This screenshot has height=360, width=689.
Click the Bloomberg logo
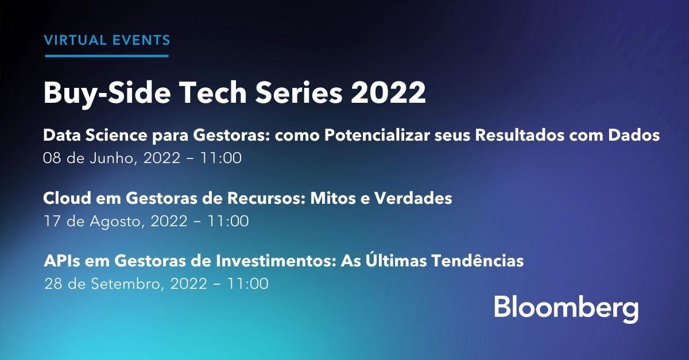(566, 309)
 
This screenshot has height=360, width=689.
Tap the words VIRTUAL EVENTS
(107, 40)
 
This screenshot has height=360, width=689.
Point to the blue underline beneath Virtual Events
(107, 56)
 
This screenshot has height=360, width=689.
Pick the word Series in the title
(292, 92)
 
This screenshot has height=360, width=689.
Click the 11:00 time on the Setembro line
(248, 283)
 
